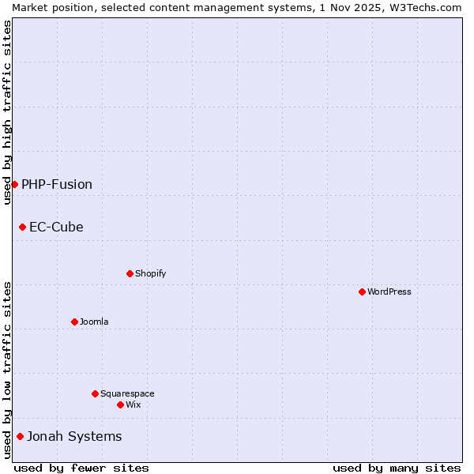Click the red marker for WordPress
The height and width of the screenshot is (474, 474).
(x=362, y=292)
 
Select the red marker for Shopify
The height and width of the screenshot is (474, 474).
(x=130, y=273)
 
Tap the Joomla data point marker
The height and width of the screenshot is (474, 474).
(x=74, y=322)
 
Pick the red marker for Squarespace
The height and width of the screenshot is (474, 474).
(x=95, y=393)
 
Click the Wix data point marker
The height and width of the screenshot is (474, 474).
(x=120, y=404)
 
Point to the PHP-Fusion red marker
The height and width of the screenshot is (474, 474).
(x=14, y=184)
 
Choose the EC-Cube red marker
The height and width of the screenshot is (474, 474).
(x=22, y=227)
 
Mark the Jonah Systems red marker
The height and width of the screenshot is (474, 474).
(x=20, y=436)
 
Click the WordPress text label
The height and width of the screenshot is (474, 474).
(x=389, y=292)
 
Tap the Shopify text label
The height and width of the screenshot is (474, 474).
(x=151, y=273)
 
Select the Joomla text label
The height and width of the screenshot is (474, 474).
(x=94, y=322)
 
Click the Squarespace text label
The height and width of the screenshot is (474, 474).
(x=127, y=393)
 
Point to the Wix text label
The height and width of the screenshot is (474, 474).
(x=134, y=404)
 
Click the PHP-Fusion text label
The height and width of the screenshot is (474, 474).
(x=57, y=184)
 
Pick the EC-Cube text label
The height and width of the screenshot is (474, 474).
(x=56, y=227)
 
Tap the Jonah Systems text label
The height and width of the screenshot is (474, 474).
(x=74, y=436)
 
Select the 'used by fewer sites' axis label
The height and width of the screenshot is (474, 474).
(x=81, y=468)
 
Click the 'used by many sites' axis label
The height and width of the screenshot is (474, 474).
(x=397, y=468)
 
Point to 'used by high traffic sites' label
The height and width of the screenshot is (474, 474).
(x=7, y=112)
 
